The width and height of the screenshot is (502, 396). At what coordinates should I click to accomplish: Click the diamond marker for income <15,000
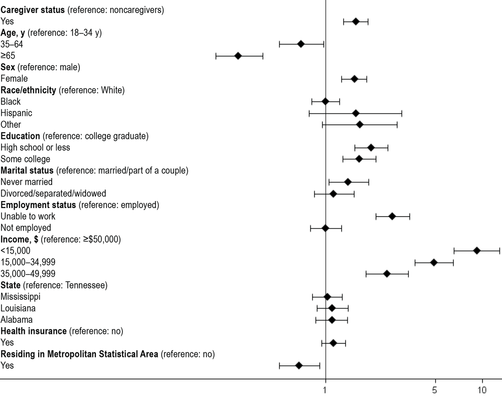pyautogui.click(x=477, y=251)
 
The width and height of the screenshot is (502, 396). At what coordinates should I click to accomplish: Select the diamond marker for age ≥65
pyautogui.click(x=238, y=56)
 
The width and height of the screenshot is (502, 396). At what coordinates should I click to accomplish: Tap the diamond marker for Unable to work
pyautogui.click(x=392, y=216)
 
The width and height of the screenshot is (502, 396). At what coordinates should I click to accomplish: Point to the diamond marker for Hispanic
pyautogui.click(x=355, y=113)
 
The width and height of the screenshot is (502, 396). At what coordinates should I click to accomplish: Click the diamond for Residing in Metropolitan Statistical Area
pyautogui.click(x=299, y=365)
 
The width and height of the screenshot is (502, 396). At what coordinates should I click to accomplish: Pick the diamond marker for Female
pyautogui.click(x=354, y=79)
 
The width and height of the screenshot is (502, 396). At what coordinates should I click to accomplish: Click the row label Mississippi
pyautogui.click(x=21, y=297)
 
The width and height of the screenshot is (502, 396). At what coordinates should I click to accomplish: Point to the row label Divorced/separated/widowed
pyautogui.click(x=53, y=193)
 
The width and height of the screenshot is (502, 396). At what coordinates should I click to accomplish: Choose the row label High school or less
pyautogui.click(x=35, y=147)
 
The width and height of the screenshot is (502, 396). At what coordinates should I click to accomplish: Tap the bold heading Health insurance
pyautogui.click(x=34, y=331)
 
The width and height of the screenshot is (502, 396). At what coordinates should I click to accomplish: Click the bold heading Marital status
pyautogui.click(x=28, y=170)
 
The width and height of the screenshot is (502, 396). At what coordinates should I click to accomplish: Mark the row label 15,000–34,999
pyautogui.click(x=28, y=262)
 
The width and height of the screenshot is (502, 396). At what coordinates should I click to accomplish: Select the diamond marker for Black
pyautogui.click(x=325, y=101)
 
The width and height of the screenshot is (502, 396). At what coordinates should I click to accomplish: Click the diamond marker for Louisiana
pyautogui.click(x=332, y=308)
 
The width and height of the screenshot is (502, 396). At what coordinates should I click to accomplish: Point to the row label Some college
pyautogui.click(x=26, y=159)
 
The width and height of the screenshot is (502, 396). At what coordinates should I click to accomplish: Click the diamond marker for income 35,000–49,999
pyautogui.click(x=387, y=274)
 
